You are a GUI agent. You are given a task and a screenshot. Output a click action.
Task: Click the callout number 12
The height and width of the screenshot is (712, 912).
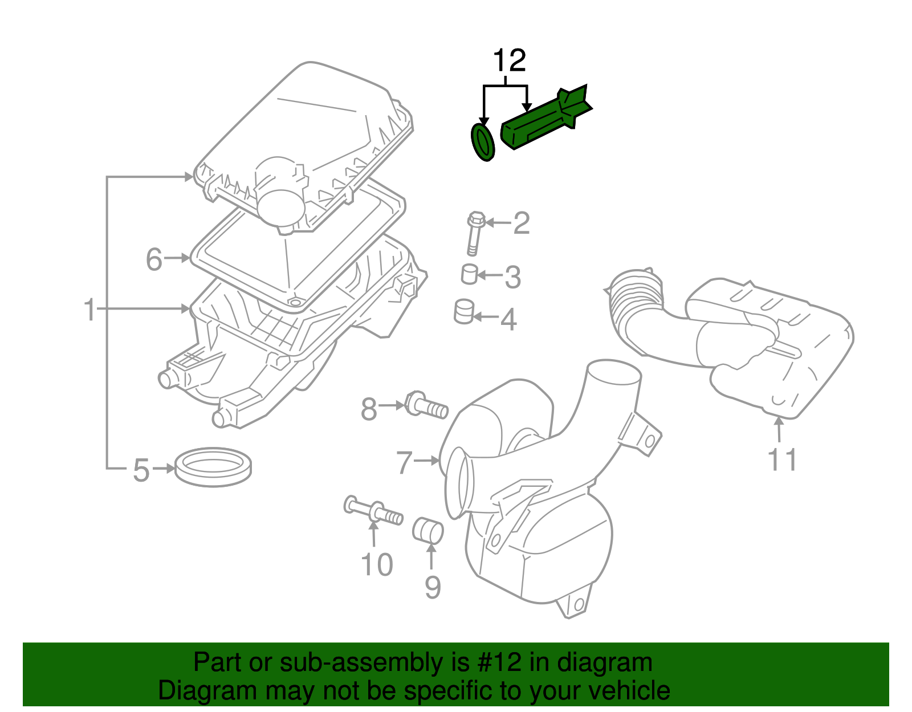[509, 61]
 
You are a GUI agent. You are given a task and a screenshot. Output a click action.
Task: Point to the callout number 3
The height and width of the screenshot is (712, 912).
[512, 277]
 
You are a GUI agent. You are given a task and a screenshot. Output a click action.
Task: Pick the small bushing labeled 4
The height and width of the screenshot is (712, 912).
[464, 311]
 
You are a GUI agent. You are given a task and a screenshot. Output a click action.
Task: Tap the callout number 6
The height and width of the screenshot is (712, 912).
[154, 259]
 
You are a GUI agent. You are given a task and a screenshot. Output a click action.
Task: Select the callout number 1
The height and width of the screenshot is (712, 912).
[89, 310]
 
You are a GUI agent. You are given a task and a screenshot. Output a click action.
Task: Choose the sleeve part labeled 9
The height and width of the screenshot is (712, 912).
[427, 530]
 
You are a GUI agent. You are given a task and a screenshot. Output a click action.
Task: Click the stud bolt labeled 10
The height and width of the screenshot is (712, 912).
[373, 511]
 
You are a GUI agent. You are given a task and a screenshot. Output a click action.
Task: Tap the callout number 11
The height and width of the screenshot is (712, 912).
[782, 459]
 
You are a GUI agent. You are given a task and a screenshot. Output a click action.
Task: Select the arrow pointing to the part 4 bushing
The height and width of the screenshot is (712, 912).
[484, 317]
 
